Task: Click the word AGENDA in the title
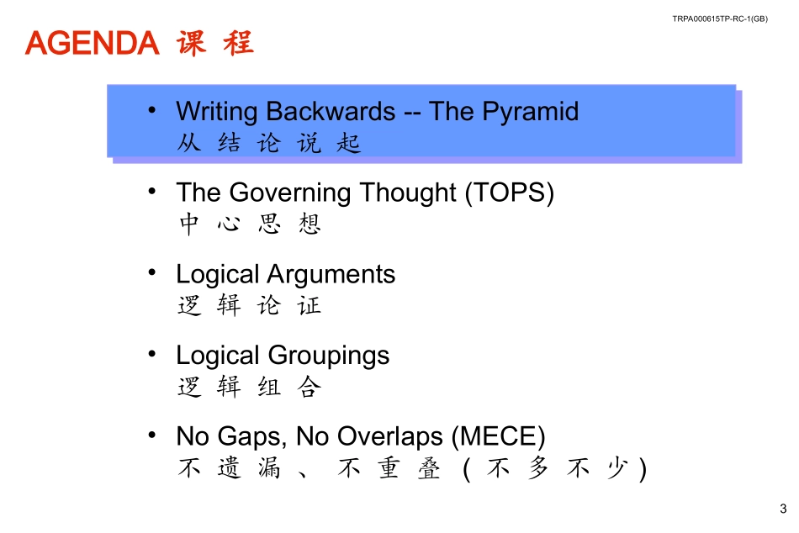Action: tap(93, 43)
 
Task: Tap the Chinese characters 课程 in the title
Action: tap(215, 43)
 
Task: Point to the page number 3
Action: tap(783, 509)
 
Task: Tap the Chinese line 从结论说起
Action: tap(269, 144)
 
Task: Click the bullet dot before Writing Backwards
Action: tap(151, 110)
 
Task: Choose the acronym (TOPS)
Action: tap(510, 193)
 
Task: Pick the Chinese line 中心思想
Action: tap(250, 224)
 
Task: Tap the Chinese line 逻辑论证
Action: tap(250, 306)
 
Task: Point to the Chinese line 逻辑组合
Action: tap(250, 388)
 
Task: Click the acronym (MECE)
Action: tap(499, 437)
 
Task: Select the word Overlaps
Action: tap(392, 437)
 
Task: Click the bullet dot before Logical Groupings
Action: tap(151, 354)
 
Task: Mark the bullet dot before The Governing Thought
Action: tap(151, 191)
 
